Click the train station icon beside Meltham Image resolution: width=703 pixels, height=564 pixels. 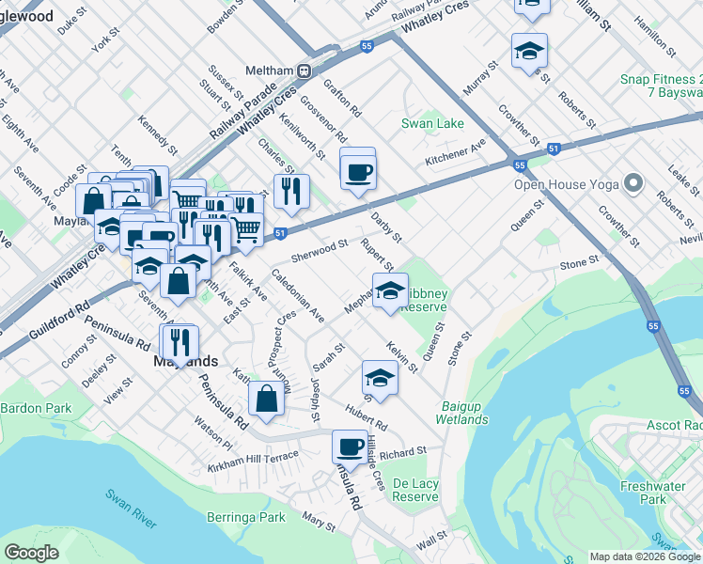pyautogui.click(x=305, y=71)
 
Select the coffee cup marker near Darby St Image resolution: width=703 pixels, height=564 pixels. pyautogui.click(x=358, y=172)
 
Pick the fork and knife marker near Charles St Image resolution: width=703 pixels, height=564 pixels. pyautogui.click(x=291, y=191)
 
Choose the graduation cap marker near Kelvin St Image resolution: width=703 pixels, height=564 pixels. pyautogui.click(x=380, y=377)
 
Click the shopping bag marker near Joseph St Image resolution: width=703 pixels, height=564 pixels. pyautogui.click(x=268, y=397)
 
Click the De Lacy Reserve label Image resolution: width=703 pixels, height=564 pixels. pyautogui.click(x=415, y=490)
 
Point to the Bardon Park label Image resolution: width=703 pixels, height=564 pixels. pyautogui.click(x=36, y=408)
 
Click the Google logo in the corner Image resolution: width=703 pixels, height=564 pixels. pyautogui.click(x=32, y=553)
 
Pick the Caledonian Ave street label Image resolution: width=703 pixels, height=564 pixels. pyautogui.click(x=297, y=295)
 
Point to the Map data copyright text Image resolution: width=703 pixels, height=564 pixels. pyautogui.click(x=645, y=556)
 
